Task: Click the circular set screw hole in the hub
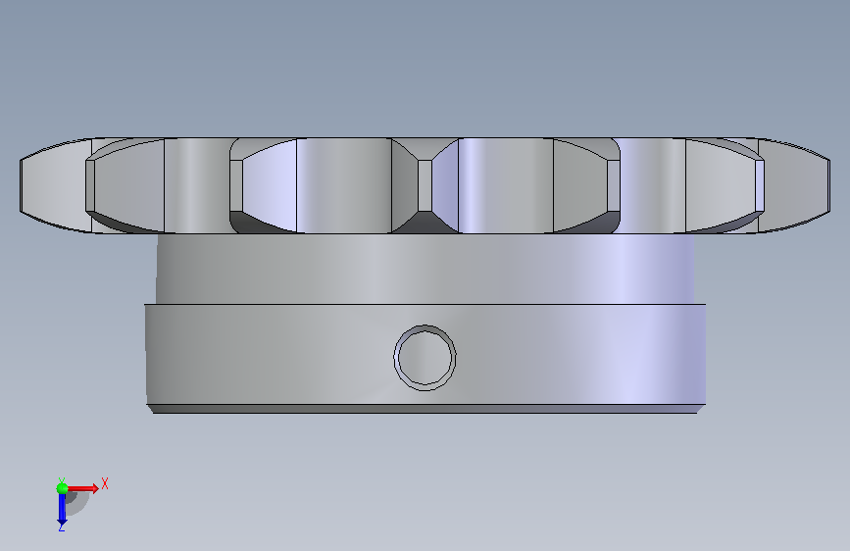pyautogui.click(x=425, y=358)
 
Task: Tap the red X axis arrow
pyautogui.click(x=82, y=488)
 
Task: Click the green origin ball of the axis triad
pyautogui.click(x=62, y=488)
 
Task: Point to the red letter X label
pyautogui.click(x=105, y=483)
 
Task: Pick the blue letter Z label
pyautogui.click(x=61, y=526)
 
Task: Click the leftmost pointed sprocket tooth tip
pyautogui.click(x=21, y=185)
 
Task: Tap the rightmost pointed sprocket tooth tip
pyautogui.click(x=828, y=185)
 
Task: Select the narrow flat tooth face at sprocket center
pyautogui.click(x=425, y=185)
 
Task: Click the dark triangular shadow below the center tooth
pyautogui.click(x=425, y=223)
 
